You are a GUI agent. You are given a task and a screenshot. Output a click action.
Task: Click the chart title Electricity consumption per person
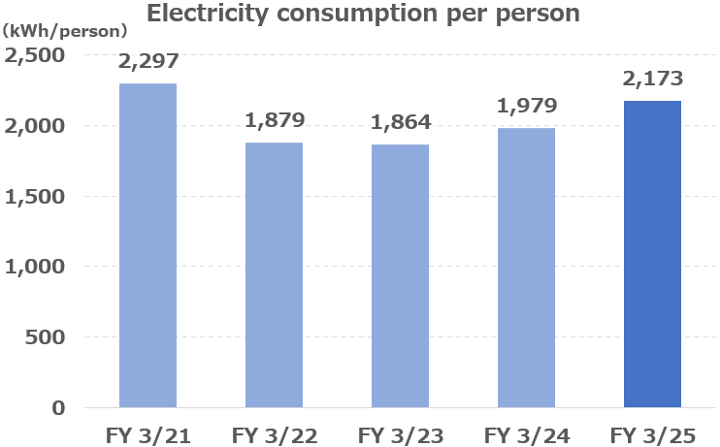click(363, 15)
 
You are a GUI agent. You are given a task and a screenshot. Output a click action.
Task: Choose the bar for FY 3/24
click(526, 268)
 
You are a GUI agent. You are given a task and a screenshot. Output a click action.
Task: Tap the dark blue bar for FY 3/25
click(652, 254)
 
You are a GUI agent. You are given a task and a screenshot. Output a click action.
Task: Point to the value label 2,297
click(148, 61)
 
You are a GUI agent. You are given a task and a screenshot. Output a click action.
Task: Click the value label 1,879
click(275, 120)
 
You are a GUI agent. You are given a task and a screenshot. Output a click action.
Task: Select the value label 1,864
click(401, 122)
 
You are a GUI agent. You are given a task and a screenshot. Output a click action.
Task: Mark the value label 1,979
click(527, 106)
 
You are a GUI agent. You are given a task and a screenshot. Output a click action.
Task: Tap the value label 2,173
click(653, 79)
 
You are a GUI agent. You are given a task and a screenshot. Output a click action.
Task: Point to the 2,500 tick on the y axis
click(35, 55)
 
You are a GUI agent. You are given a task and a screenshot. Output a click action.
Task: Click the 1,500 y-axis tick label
click(35, 197)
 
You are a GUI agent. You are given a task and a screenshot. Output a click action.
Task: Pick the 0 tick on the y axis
click(58, 408)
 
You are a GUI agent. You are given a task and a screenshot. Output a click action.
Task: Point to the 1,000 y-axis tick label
click(35, 267)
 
